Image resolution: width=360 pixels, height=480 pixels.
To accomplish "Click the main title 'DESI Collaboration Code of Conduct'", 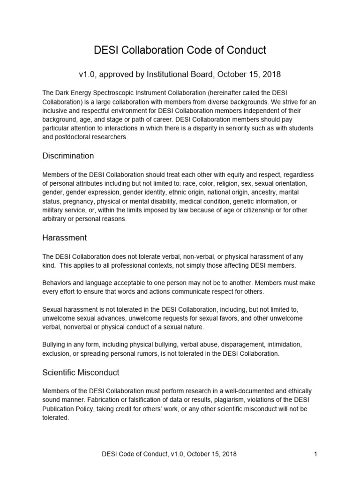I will (x=180, y=50).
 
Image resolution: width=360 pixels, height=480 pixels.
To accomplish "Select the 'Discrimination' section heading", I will (x=68, y=156).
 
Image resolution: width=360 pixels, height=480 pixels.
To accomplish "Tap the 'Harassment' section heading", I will (x=65, y=238).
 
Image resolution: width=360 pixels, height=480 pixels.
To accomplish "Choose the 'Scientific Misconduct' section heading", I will (x=81, y=373).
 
